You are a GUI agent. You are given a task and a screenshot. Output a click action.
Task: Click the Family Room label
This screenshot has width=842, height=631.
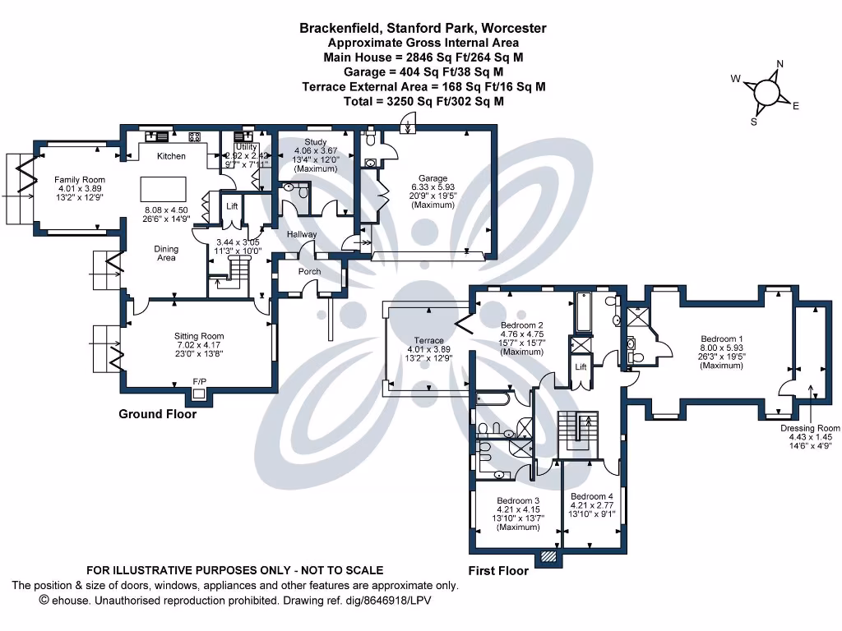(x=80, y=179)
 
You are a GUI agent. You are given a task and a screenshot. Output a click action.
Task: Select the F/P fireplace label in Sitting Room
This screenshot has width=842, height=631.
(x=199, y=382)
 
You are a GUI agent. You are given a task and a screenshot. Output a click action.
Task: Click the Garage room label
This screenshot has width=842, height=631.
(x=433, y=178)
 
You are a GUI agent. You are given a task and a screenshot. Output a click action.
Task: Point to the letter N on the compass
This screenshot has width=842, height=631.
(x=780, y=64)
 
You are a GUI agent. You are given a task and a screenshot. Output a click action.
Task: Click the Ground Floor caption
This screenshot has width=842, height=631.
(x=158, y=415)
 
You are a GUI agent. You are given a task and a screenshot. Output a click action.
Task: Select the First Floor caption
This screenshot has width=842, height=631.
(x=498, y=570)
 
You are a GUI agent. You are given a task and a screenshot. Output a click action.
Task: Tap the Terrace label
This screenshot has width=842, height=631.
(x=428, y=340)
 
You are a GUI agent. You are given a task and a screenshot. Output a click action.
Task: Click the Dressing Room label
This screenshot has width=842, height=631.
(x=811, y=428)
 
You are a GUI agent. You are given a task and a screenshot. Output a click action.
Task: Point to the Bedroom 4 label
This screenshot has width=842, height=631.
(x=592, y=496)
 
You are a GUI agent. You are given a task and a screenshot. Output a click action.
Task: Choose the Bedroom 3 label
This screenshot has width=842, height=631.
(x=518, y=500)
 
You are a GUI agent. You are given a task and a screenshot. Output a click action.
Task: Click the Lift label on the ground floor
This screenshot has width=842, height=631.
(x=232, y=206)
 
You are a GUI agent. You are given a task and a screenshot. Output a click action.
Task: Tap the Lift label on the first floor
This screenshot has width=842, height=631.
(x=581, y=366)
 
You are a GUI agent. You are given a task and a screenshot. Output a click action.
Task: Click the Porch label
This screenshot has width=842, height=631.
(x=310, y=272)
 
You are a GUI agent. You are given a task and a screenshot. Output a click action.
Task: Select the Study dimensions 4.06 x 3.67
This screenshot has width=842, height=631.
(x=316, y=151)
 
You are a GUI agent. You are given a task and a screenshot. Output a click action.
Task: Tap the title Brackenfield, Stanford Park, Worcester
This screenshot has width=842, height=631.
(x=423, y=28)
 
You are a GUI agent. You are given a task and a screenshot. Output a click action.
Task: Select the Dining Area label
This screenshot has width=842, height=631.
(x=167, y=253)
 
